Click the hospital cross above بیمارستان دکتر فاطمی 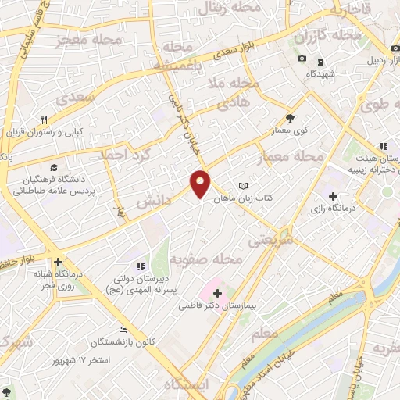tap(217, 292)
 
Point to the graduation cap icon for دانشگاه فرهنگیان tap(54, 167)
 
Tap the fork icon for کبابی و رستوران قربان tap(45, 120)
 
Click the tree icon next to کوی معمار tap(291, 117)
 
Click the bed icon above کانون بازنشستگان tap(121, 330)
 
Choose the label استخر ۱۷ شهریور tap(79, 361)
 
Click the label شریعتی tap(270, 242)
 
